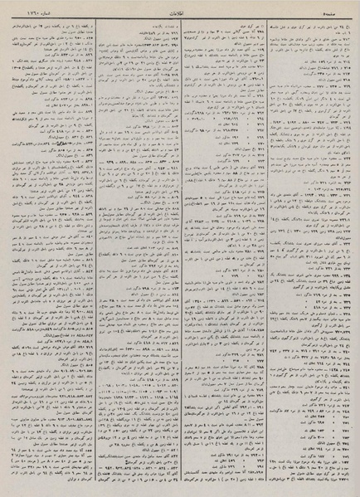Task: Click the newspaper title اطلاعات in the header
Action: point(180,11)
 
